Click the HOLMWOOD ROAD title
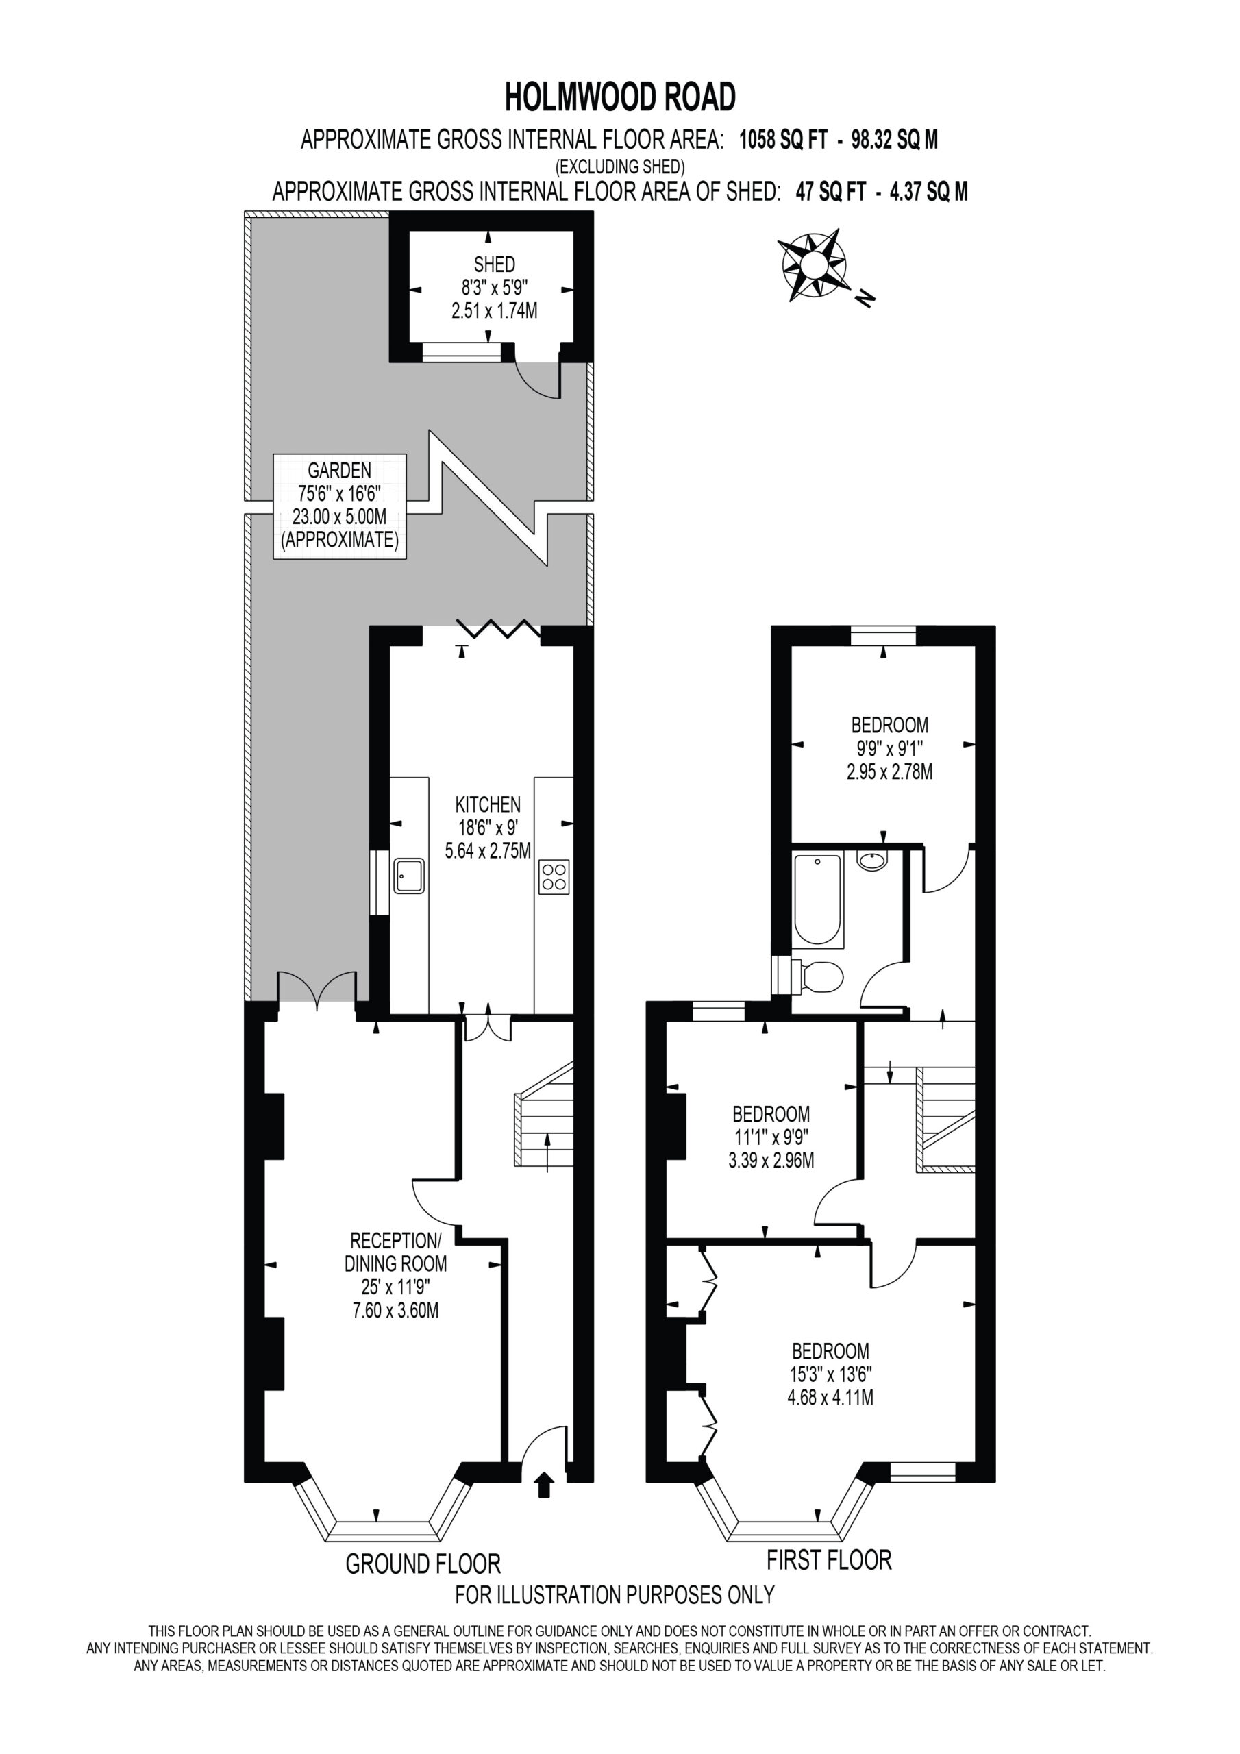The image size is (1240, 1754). pos(619,97)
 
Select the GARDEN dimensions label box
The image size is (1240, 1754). pos(340,506)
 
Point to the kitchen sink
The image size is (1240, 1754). pos(410,876)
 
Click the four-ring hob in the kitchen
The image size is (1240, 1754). pos(554,876)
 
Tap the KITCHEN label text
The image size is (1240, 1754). pos(488,804)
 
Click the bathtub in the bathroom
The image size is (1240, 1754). pos(817,899)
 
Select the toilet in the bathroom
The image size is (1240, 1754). pos(815,976)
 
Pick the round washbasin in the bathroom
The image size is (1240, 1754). pos(873,861)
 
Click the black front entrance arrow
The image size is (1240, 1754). pos(544,1485)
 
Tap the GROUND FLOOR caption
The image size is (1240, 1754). pos(423,1563)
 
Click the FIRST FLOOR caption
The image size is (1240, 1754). pos(829,1559)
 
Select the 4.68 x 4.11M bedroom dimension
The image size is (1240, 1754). pos(830,1398)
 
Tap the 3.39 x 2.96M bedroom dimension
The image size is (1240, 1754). pos(771,1161)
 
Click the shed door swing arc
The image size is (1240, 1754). pos(535,380)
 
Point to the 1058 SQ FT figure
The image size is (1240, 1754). pos(783,140)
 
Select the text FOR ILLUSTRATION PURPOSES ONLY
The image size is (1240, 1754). pos(615,1595)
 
